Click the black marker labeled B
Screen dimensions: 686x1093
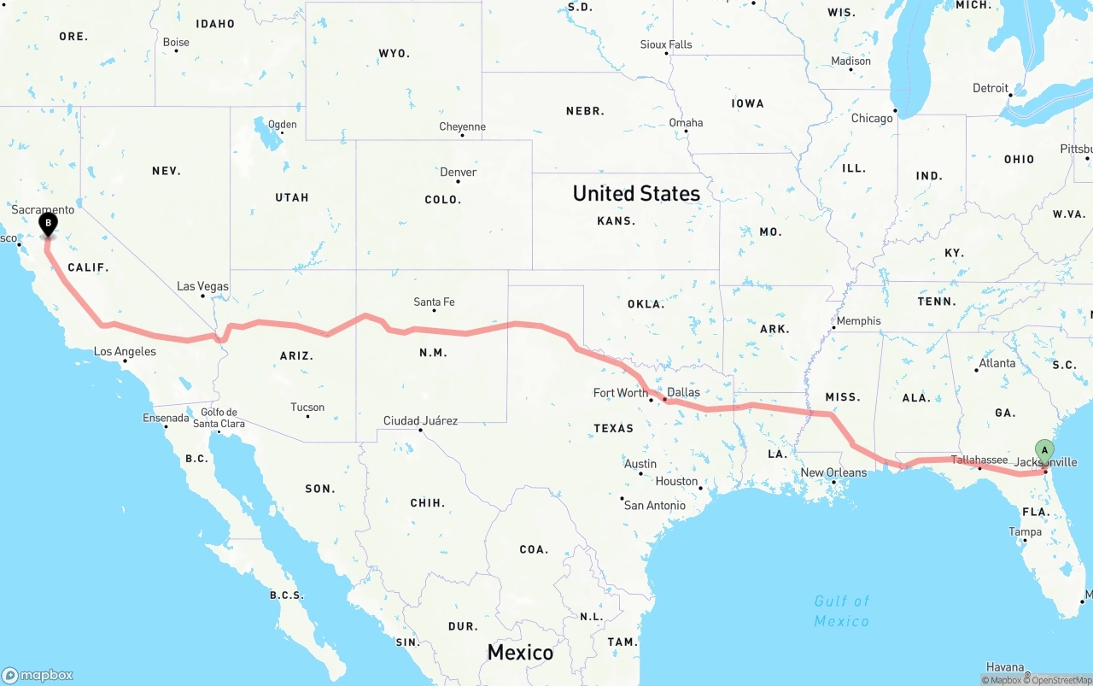coord(49,224)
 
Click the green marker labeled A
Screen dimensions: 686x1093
coord(1044,450)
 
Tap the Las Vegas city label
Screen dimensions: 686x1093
coord(202,286)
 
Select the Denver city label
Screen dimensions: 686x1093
coord(459,173)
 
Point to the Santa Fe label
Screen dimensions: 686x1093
coord(434,302)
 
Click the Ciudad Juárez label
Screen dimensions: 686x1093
coord(420,420)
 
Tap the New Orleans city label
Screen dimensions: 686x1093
coord(833,472)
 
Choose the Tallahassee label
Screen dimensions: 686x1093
coord(979,460)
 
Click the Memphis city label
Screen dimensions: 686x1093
coord(858,320)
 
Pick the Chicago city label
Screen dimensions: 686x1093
coord(872,118)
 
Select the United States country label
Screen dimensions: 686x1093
coord(636,194)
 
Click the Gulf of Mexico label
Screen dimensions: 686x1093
coord(842,611)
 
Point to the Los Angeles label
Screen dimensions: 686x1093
coord(125,351)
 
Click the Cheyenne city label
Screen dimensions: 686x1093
coord(462,126)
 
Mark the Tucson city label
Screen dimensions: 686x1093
coord(307,407)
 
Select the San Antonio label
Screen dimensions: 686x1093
coord(655,506)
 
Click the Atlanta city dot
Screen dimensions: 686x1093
coord(977,370)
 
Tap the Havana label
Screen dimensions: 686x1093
coord(1004,667)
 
